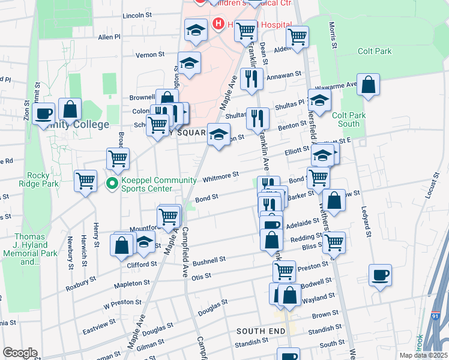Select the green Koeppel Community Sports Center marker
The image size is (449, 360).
coord(112,184)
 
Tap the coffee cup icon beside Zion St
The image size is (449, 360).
coord(44,113)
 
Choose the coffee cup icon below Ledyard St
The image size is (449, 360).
coord(380,276)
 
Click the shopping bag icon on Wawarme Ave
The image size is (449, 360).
coord(369,85)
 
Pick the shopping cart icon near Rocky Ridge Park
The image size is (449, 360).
coord(86,180)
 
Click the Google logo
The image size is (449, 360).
coord(20,353)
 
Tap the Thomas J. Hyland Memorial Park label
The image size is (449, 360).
coord(36,249)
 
